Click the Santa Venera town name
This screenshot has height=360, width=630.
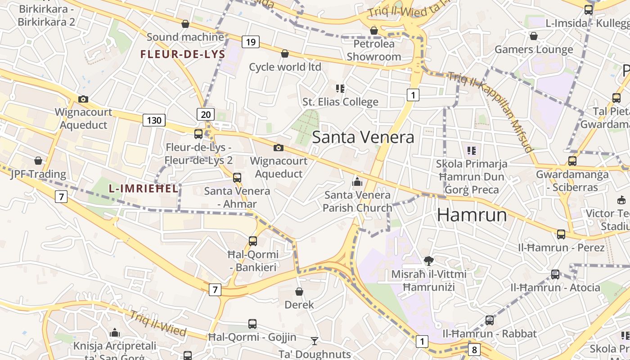(363, 137)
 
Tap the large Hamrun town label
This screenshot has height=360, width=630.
(472, 215)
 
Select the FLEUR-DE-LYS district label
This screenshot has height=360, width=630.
(183, 54)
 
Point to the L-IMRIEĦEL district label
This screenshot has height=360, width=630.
(144, 189)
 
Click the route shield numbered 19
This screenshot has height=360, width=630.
(251, 42)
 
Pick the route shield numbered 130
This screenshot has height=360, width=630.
(154, 120)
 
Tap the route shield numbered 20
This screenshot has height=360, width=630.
(206, 114)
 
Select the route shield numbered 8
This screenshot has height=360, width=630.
(474, 349)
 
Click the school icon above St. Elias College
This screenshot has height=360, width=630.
(340, 89)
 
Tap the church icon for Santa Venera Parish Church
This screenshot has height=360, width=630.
(357, 182)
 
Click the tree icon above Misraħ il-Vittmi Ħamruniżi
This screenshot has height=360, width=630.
(428, 261)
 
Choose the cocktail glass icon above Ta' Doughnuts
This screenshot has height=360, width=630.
(315, 341)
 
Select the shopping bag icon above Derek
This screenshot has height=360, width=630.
(299, 292)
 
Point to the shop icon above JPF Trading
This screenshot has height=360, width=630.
(38, 161)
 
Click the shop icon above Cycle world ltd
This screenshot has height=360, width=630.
(285, 54)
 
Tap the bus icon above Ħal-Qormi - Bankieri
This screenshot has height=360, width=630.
(253, 241)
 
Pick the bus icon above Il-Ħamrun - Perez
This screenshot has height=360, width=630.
(561, 234)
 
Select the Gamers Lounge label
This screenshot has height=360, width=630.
(534, 49)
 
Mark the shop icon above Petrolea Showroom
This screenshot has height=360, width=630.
(373, 31)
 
